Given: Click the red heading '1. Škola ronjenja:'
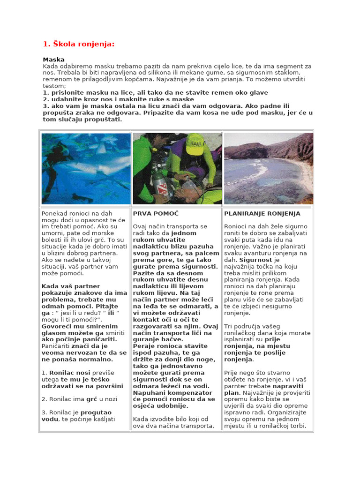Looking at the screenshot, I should tap(78, 45).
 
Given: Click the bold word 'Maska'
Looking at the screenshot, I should tap(53, 60).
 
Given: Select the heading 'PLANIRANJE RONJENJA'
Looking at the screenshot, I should tap(262, 214).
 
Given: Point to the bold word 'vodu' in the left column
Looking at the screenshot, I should tap(49, 419).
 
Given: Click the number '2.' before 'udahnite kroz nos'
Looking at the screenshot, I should tap(46, 99).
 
